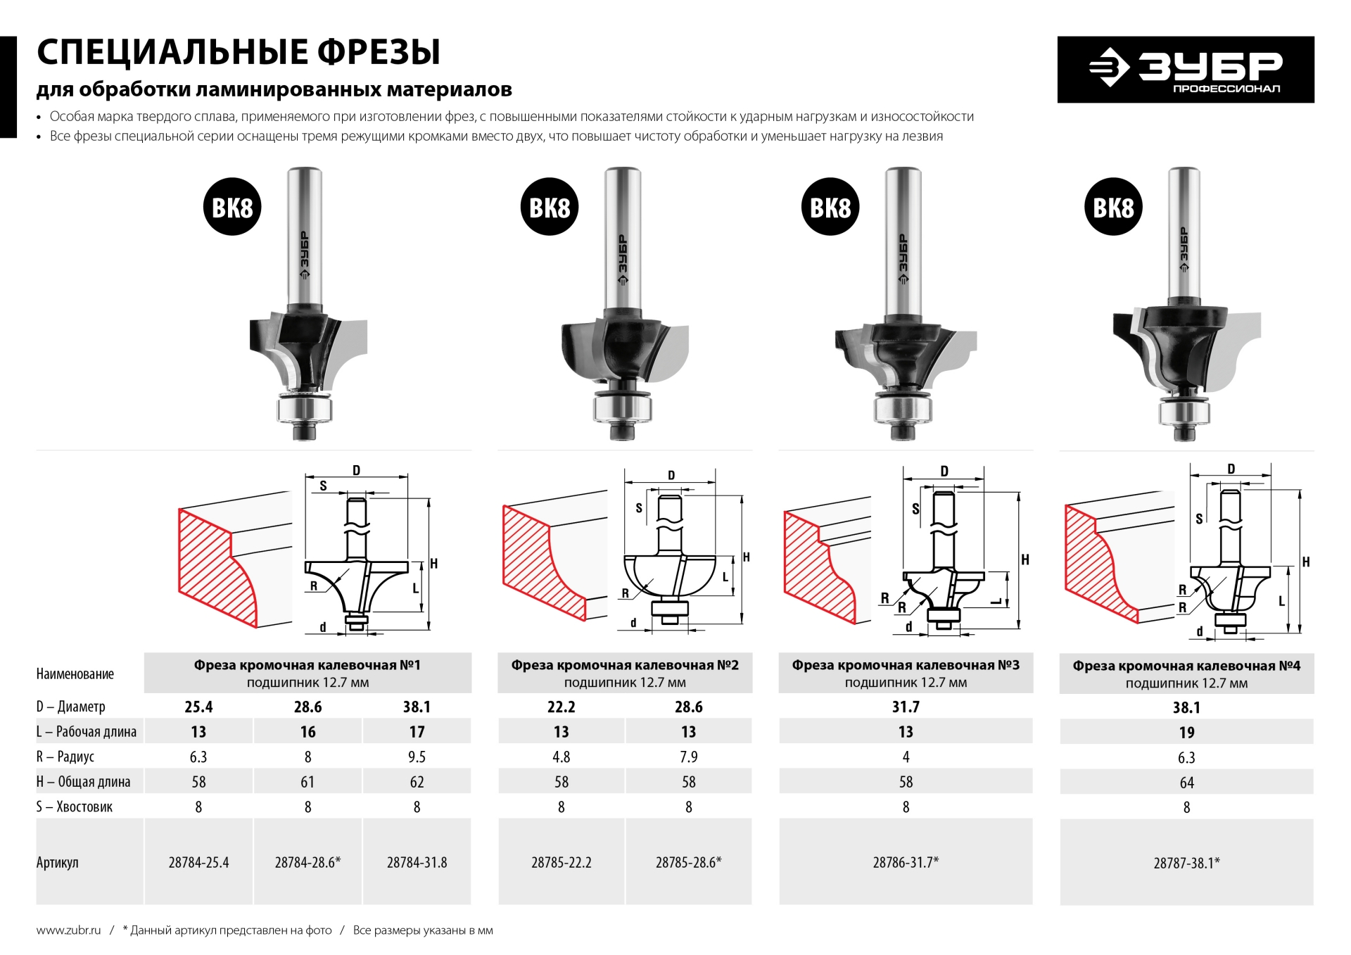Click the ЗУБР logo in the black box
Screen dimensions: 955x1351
coord(1186,69)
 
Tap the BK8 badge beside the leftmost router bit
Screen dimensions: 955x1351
coord(232,207)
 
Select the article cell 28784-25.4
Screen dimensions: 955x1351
coord(198,862)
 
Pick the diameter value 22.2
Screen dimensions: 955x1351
coord(561,707)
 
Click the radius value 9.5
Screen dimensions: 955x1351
coord(417,757)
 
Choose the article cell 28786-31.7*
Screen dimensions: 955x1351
coord(906,862)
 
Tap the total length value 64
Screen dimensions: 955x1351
coord(1186,783)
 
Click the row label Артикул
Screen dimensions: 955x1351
coord(58,862)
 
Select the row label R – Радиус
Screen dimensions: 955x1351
coord(65,757)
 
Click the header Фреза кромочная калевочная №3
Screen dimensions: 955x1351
coord(906,665)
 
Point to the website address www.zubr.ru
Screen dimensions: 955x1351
coord(68,930)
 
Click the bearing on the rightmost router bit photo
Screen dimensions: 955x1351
coord(1184,412)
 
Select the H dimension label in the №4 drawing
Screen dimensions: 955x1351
coord(1306,562)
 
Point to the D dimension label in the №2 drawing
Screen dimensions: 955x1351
coord(671,475)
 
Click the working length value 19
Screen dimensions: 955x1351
coord(1186,733)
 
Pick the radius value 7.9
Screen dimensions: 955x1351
coord(688,757)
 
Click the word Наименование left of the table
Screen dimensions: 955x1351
coord(75,673)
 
